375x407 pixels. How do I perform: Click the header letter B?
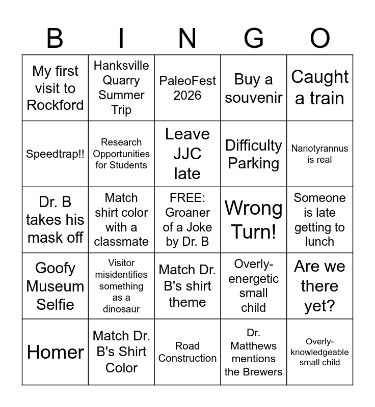(x=55, y=39)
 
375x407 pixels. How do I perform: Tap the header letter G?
(x=253, y=39)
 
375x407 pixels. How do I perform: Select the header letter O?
(x=319, y=39)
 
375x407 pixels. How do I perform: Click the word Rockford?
(x=55, y=105)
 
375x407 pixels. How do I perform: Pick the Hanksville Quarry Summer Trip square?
(x=121, y=88)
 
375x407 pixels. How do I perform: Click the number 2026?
(x=187, y=95)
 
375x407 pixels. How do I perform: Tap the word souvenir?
(x=254, y=97)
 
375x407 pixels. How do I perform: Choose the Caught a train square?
(x=320, y=88)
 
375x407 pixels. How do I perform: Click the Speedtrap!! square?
(x=55, y=154)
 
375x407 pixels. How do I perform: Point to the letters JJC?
(x=187, y=154)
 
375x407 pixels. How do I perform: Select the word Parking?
(x=254, y=163)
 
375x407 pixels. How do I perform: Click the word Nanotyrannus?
(x=320, y=149)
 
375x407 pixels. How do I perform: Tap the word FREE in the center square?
(x=187, y=197)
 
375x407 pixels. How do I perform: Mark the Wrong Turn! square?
(x=254, y=220)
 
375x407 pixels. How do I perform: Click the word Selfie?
(x=55, y=304)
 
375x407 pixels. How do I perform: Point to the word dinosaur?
(x=121, y=309)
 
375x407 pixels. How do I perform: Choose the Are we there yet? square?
(x=320, y=286)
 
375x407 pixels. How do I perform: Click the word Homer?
(x=55, y=352)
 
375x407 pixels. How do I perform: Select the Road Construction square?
(x=187, y=352)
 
